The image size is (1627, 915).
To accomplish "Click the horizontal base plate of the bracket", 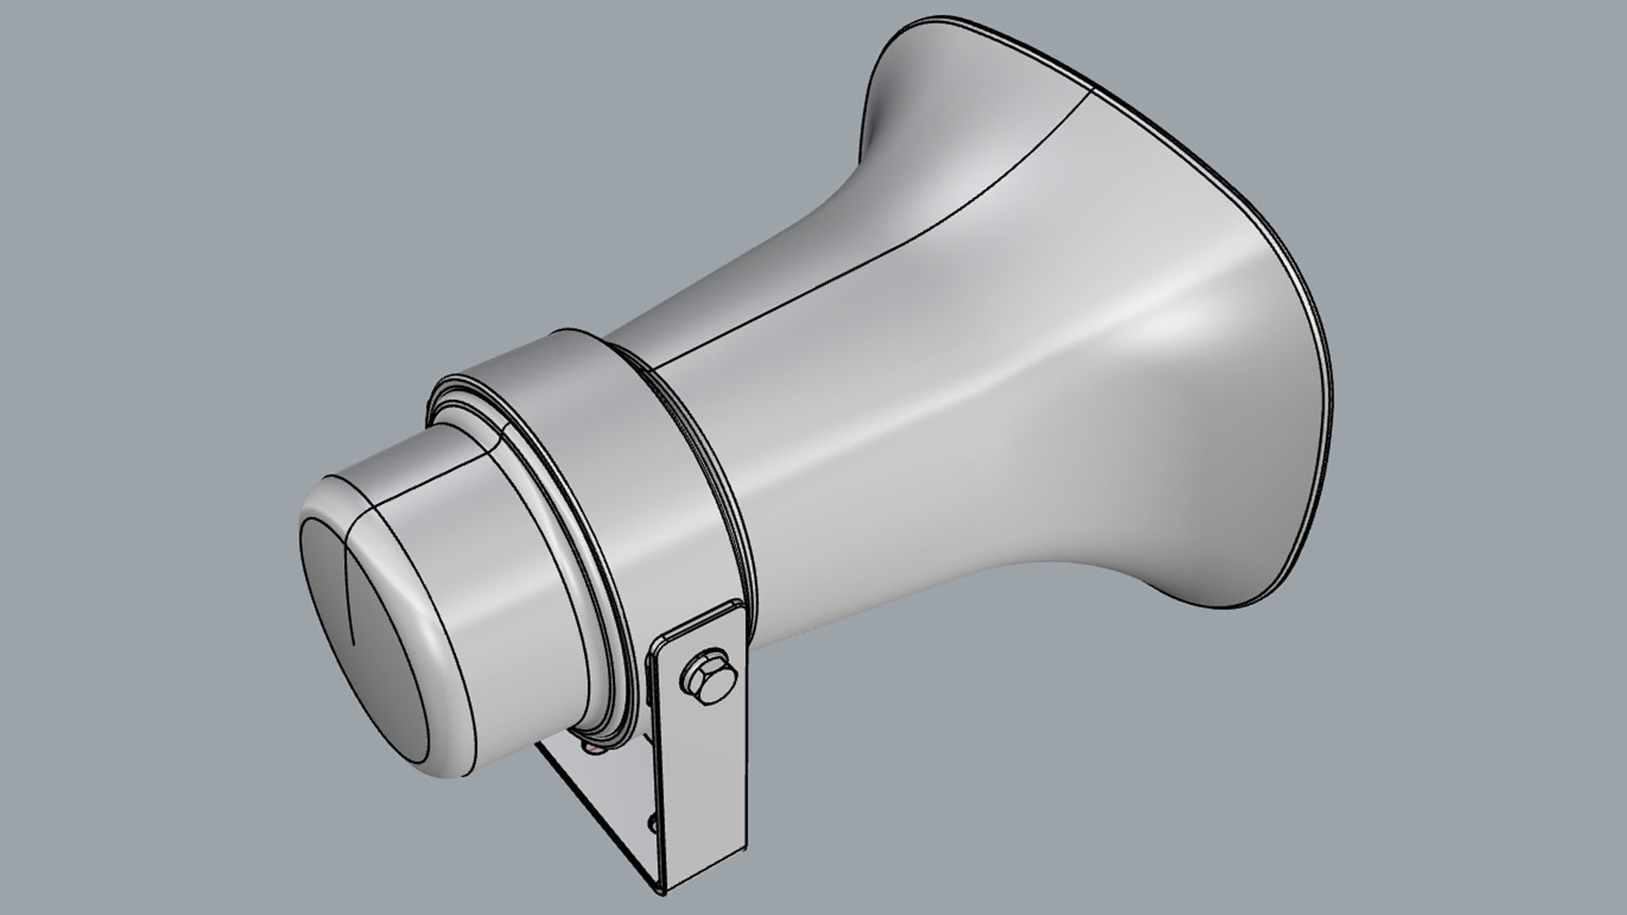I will point(593,796).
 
